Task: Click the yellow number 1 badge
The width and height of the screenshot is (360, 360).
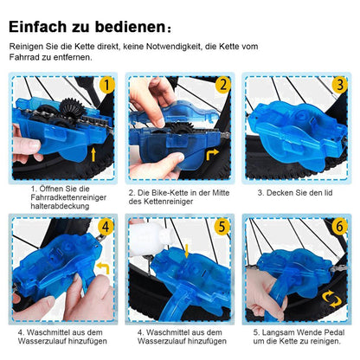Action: (x=106, y=85)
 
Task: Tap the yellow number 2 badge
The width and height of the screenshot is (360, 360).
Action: (x=222, y=85)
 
